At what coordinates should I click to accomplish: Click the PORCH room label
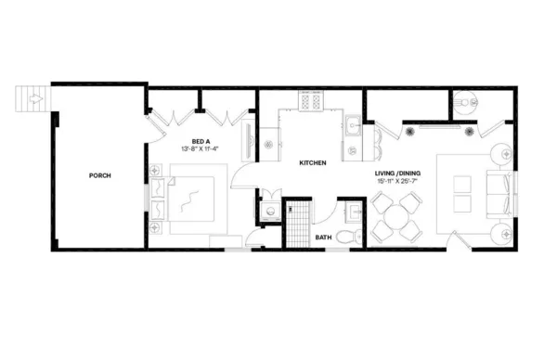[x=100, y=175]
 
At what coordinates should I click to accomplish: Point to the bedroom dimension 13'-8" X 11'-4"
[x=200, y=148]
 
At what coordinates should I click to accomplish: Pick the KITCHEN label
[x=312, y=163]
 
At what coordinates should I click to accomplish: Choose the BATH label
[x=324, y=238]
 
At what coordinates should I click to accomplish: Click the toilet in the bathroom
[x=346, y=234]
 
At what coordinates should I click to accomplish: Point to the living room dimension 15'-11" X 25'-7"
[x=397, y=182]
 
